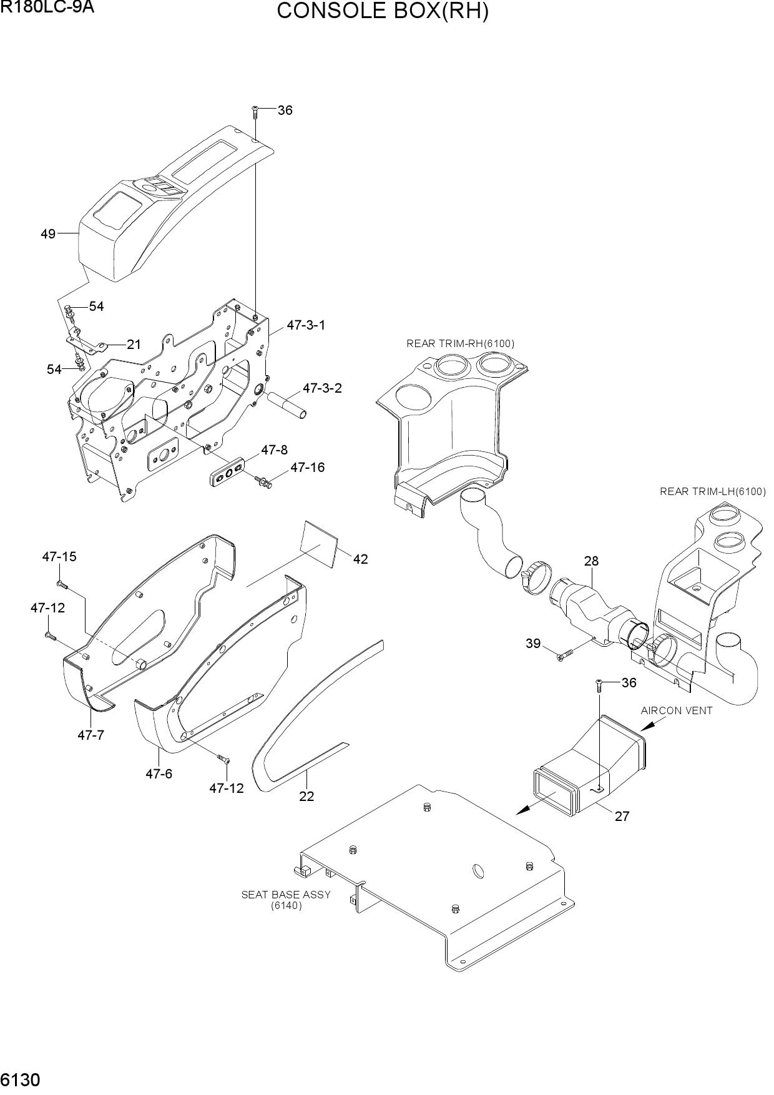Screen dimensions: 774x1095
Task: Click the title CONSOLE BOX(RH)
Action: tap(383, 11)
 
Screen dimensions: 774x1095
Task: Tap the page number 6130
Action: tap(21, 1079)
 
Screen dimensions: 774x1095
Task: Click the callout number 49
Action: tap(48, 234)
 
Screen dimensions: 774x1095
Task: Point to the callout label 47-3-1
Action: tap(306, 325)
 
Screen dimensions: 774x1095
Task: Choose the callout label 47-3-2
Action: tap(322, 388)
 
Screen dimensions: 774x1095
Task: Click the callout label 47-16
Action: tap(308, 468)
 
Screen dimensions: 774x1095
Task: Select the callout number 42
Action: tap(360, 559)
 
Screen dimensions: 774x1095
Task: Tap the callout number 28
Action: tap(591, 561)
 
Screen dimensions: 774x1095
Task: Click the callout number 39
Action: tap(532, 644)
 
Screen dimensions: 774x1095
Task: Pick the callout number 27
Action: tap(622, 816)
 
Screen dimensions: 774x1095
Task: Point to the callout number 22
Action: tap(306, 797)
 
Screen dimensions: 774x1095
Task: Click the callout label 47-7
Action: tap(91, 735)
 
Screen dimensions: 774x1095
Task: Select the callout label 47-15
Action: tap(59, 557)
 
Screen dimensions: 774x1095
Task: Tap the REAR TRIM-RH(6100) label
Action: tap(461, 343)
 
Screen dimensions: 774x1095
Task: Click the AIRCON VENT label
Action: tap(677, 710)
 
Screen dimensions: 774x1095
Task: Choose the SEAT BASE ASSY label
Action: tap(286, 895)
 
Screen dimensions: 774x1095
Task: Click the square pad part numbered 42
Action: tap(320, 544)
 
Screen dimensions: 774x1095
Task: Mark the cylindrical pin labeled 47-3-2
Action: tap(287, 406)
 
